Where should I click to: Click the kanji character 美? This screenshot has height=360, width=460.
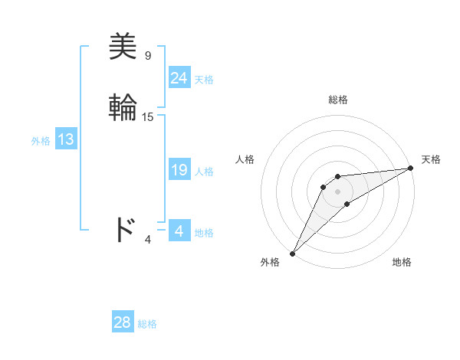point(123,47)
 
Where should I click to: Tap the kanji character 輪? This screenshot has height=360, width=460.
point(123,108)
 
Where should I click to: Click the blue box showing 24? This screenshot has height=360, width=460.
point(179,78)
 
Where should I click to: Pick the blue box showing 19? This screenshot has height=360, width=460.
point(179,170)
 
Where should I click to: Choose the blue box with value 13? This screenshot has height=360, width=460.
point(65,139)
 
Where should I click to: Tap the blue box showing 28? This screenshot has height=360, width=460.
point(122,322)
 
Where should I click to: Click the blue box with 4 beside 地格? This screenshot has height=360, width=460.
point(179,231)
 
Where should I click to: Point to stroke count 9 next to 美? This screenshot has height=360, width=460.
point(148,56)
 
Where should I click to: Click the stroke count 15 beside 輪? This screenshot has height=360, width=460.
point(148,117)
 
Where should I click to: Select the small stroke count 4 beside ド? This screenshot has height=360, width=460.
point(148,240)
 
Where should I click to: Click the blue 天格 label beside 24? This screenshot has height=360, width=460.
point(204,79)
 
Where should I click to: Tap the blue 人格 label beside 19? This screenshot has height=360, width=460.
point(204,171)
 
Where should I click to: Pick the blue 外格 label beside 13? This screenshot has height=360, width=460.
point(41,141)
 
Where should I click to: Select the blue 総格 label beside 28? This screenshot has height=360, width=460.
point(147,324)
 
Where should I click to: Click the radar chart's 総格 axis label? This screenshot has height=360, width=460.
point(338,100)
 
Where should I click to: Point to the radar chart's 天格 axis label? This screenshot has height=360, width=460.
point(432,159)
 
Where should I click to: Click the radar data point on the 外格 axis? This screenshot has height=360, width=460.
point(292,253)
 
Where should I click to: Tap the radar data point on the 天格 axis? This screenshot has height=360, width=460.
point(410,169)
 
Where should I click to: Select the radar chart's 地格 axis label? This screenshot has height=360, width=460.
point(402,262)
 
